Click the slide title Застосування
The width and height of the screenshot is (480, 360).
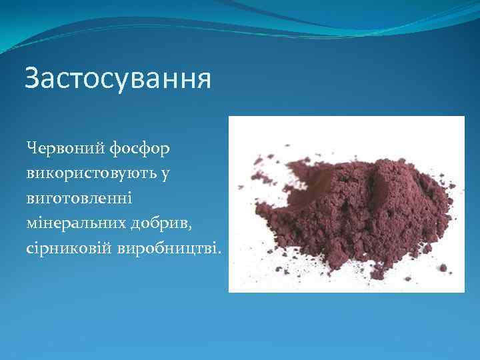coord(118,79)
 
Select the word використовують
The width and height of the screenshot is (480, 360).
coord(89,173)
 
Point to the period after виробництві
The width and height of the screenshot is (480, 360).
coord(222,253)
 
